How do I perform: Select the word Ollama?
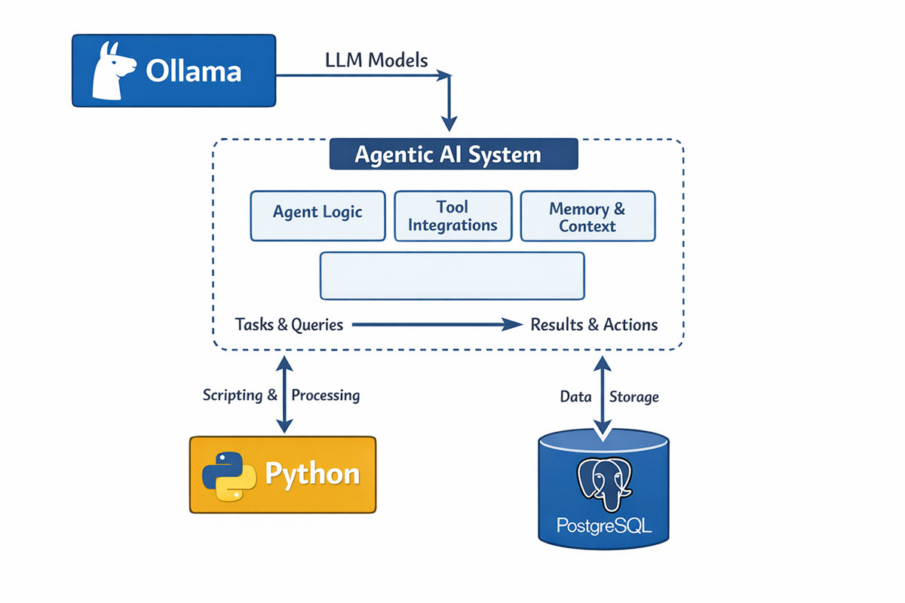click(193, 71)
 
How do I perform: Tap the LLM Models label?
click(376, 60)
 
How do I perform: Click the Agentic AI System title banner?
click(453, 155)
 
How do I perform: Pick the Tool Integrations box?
click(452, 216)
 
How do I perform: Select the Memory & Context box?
click(587, 216)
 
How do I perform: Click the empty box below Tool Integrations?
click(452, 276)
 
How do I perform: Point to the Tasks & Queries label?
click(290, 325)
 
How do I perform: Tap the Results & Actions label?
click(594, 325)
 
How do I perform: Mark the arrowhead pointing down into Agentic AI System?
click(449, 122)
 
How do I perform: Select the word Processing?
click(326, 395)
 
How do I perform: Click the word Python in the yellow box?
click(312, 475)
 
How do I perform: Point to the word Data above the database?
click(575, 396)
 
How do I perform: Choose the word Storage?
click(633, 396)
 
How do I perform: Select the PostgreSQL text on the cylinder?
click(603, 525)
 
